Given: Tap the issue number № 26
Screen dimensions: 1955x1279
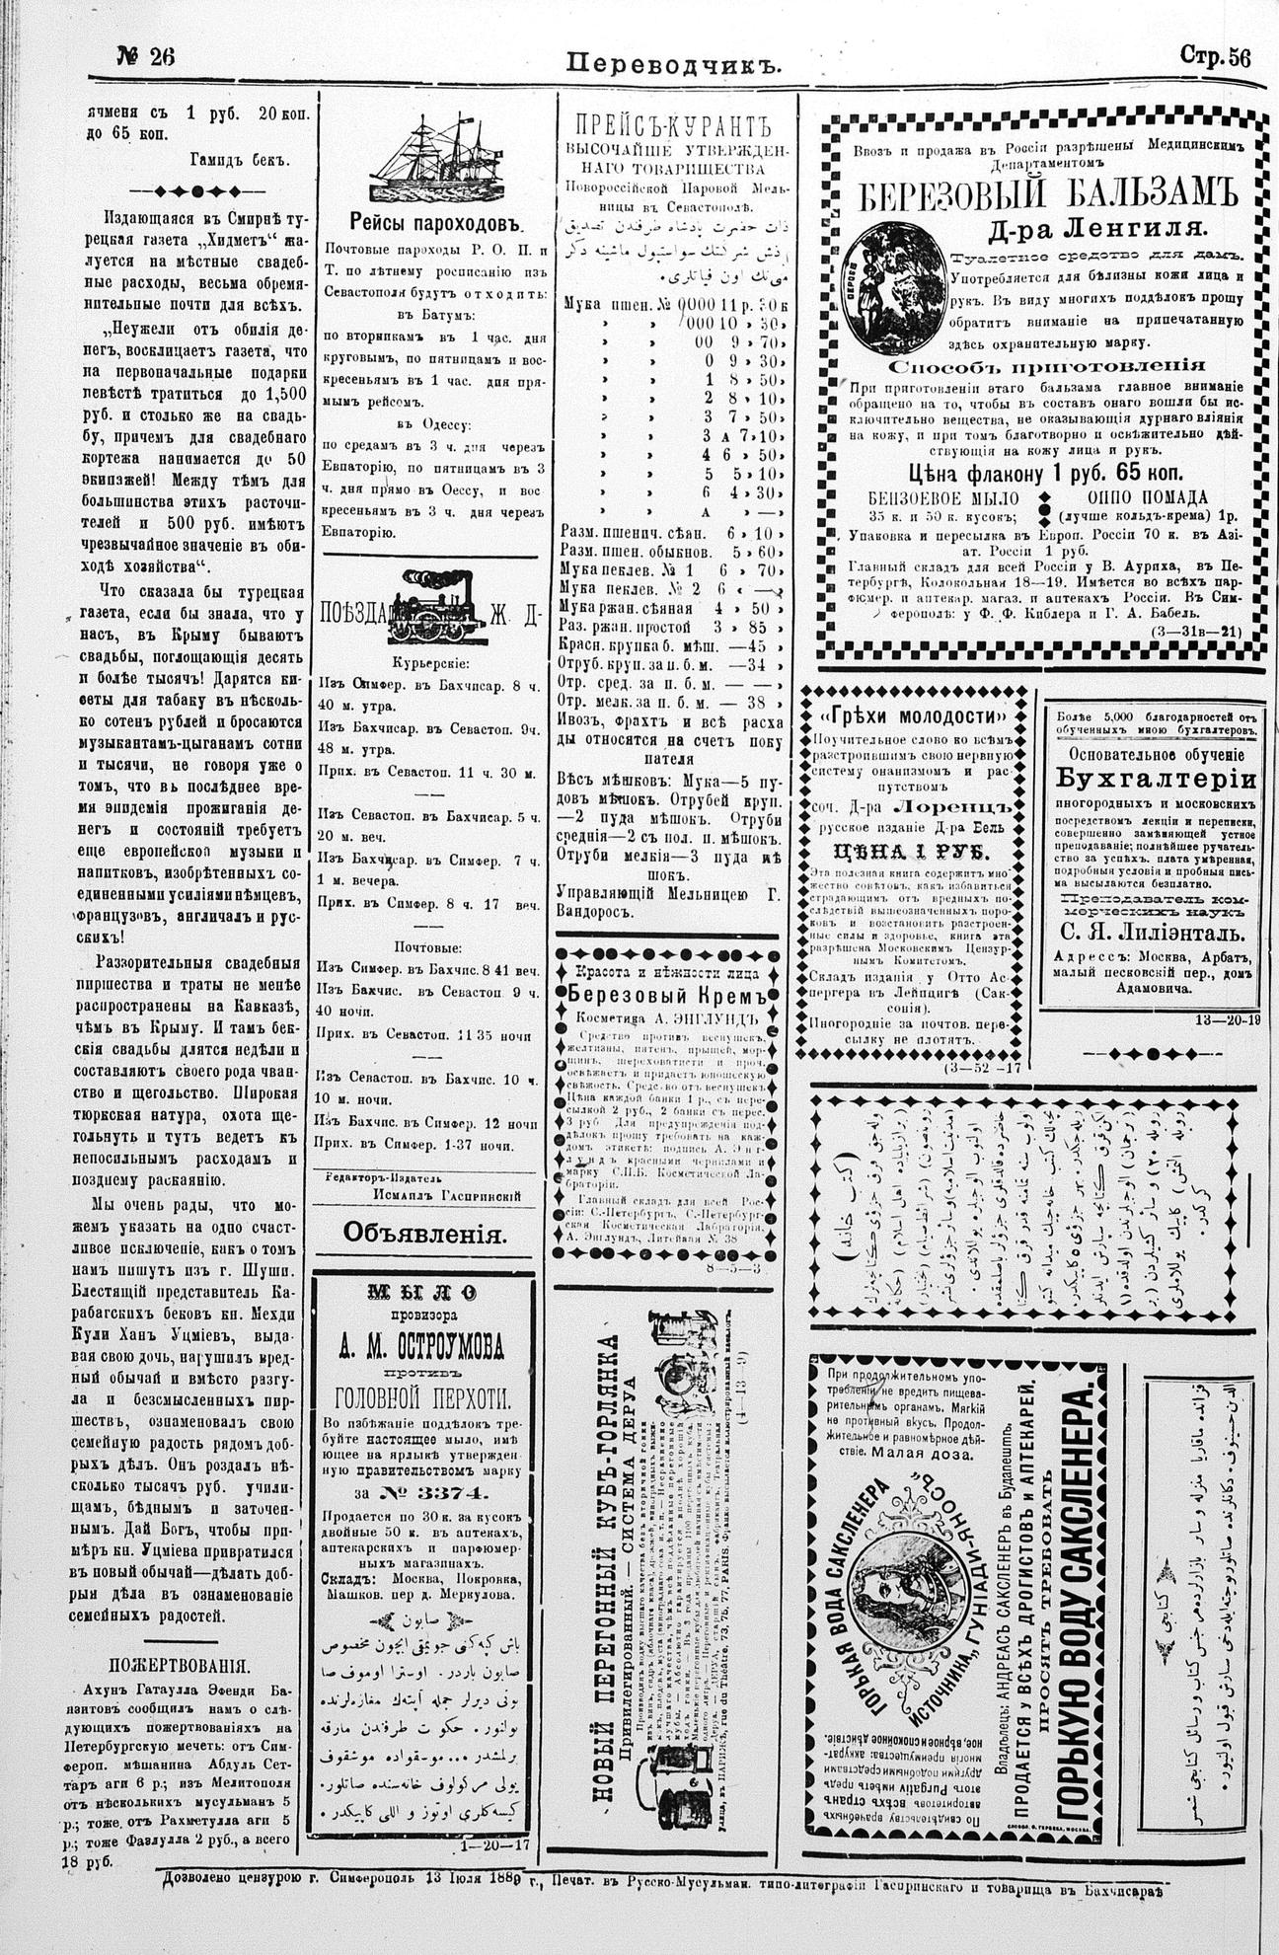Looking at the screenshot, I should [146, 57].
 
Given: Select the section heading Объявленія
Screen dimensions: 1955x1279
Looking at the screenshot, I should [424, 1233].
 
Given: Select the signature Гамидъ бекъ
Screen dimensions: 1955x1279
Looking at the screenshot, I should [240, 157].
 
